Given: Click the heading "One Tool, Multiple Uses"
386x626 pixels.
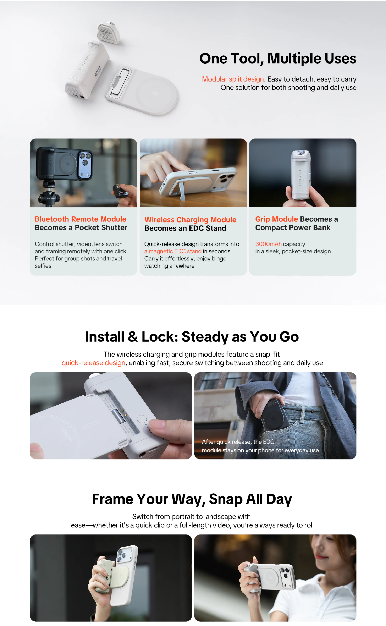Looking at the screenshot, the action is (278, 59).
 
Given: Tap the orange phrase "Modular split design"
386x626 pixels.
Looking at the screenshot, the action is (233, 79).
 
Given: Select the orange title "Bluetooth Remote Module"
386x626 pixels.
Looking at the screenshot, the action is (81, 219).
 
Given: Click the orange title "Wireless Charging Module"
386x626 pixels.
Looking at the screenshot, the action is (191, 220).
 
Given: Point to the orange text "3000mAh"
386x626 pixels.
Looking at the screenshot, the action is (268, 244).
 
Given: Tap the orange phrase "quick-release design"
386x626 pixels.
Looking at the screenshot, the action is (93, 363).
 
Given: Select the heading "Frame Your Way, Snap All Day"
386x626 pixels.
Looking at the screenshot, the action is (192, 499).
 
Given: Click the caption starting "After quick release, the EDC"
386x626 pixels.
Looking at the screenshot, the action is (260, 446).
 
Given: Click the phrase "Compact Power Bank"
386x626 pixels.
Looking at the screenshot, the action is (293, 228).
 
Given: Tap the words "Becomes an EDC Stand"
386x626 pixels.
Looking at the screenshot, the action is (185, 228).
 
